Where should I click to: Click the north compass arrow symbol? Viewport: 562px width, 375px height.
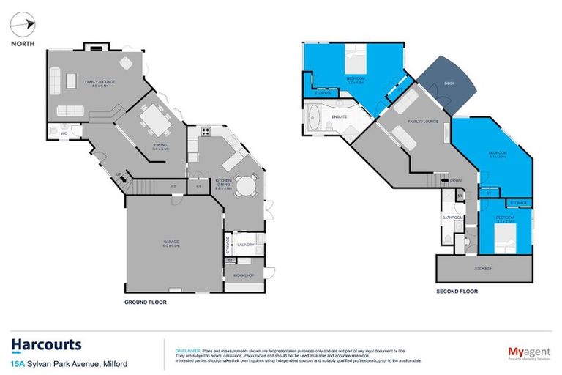[25, 26]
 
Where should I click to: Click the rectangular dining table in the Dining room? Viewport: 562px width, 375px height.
[154, 119]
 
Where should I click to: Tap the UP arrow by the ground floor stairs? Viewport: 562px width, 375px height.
[119, 175]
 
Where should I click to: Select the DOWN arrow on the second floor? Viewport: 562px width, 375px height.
[455, 180]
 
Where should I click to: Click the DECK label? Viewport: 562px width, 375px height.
[449, 84]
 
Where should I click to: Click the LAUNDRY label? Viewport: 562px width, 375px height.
[245, 245]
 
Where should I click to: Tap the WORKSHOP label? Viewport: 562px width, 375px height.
[243, 275]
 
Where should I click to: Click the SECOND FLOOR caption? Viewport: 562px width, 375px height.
[458, 291]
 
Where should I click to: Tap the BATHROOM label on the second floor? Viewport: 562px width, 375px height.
[450, 218]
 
